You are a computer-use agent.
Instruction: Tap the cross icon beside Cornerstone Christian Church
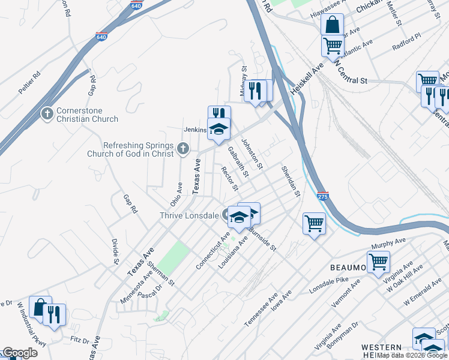[x=47, y=114]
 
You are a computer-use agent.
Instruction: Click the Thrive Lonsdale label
[x=189, y=216]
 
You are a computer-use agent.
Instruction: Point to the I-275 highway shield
[x=322, y=196]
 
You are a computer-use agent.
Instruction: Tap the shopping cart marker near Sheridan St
[x=314, y=224]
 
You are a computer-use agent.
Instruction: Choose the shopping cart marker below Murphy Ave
[x=378, y=262]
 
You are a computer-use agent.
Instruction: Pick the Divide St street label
[x=115, y=251]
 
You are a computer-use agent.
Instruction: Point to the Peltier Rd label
[x=29, y=82]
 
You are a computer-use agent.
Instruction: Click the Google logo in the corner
[x=20, y=353]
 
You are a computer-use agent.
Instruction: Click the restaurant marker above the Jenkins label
[x=219, y=114]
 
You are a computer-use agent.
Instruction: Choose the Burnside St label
[x=262, y=238]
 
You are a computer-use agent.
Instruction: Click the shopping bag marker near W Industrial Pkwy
[x=40, y=308]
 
